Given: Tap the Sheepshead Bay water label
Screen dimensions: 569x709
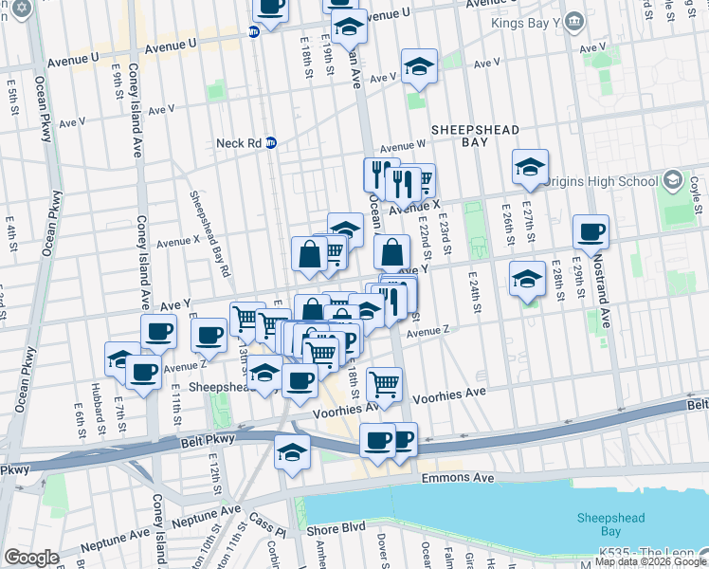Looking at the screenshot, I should [x=609, y=523].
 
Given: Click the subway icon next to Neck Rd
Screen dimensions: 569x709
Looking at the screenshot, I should [x=270, y=143].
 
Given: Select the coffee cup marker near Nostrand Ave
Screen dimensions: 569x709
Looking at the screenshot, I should [x=591, y=231].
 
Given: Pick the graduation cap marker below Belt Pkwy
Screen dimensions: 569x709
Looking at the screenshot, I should [x=292, y=452].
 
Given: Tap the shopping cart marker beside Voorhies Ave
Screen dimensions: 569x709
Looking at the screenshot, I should [x=385, y=383].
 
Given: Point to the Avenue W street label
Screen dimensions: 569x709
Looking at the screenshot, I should [x=402, y=147].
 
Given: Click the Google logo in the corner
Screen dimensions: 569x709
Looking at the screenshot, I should [x=31, y=558].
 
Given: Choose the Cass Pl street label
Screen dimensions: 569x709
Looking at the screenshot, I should [x=268, y=522].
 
